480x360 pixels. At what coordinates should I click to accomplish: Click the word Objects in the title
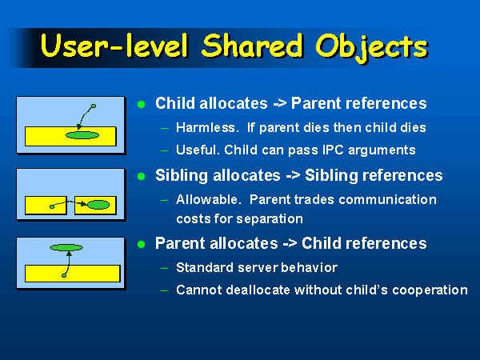coord(372,47)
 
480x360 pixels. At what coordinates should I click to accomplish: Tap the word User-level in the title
coord(114,46)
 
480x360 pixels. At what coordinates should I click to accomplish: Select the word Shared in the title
coord(252,46)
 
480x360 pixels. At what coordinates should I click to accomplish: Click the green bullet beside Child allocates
coord(141,104)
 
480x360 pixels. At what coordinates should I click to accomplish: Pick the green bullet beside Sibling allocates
coord(141,177)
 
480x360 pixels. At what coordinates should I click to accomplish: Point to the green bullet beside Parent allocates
coord(141,244)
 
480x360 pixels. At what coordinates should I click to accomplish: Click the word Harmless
coord(207,128)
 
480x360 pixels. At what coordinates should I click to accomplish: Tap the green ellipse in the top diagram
coord(82,135)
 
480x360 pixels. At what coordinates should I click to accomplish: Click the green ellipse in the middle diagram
coord(98,205)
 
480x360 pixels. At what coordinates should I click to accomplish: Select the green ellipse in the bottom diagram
coord(66,247)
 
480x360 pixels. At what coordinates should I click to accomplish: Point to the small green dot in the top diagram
coord(94,106)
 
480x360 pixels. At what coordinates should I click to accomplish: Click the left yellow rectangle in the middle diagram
coord(46,205)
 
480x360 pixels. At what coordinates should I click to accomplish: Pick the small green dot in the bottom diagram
coord(64,275)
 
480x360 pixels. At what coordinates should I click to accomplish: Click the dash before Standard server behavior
coord(164,269)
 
